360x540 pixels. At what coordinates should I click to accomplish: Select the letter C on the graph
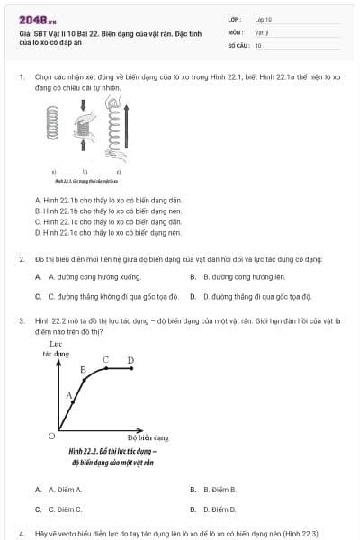tap(105, 360)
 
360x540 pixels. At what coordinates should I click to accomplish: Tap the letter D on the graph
tap(130, 360)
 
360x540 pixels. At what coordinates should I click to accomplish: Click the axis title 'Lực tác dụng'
tap(56, 348)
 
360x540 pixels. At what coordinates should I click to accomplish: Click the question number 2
tap(21, 259)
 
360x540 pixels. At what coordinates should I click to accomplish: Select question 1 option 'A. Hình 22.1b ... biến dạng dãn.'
tap(108, 200)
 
